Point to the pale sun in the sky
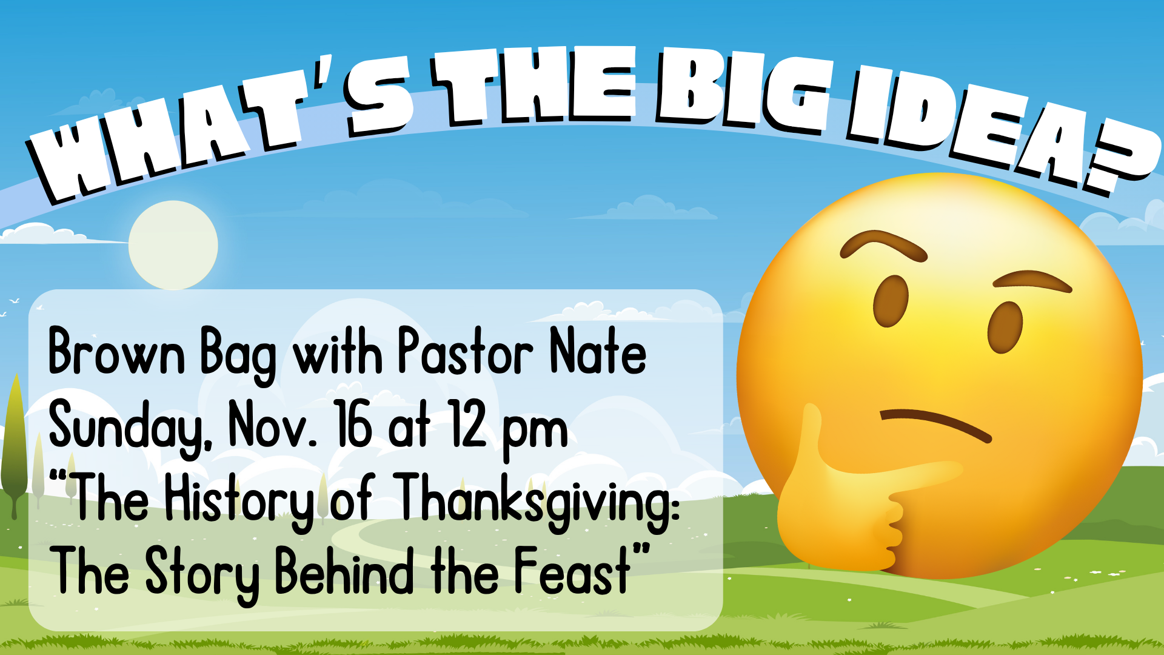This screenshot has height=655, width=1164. (173, 245)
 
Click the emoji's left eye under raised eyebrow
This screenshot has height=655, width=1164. (891, 301)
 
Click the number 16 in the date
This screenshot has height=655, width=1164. (353, 424)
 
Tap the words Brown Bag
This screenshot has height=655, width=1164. (162, 354)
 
